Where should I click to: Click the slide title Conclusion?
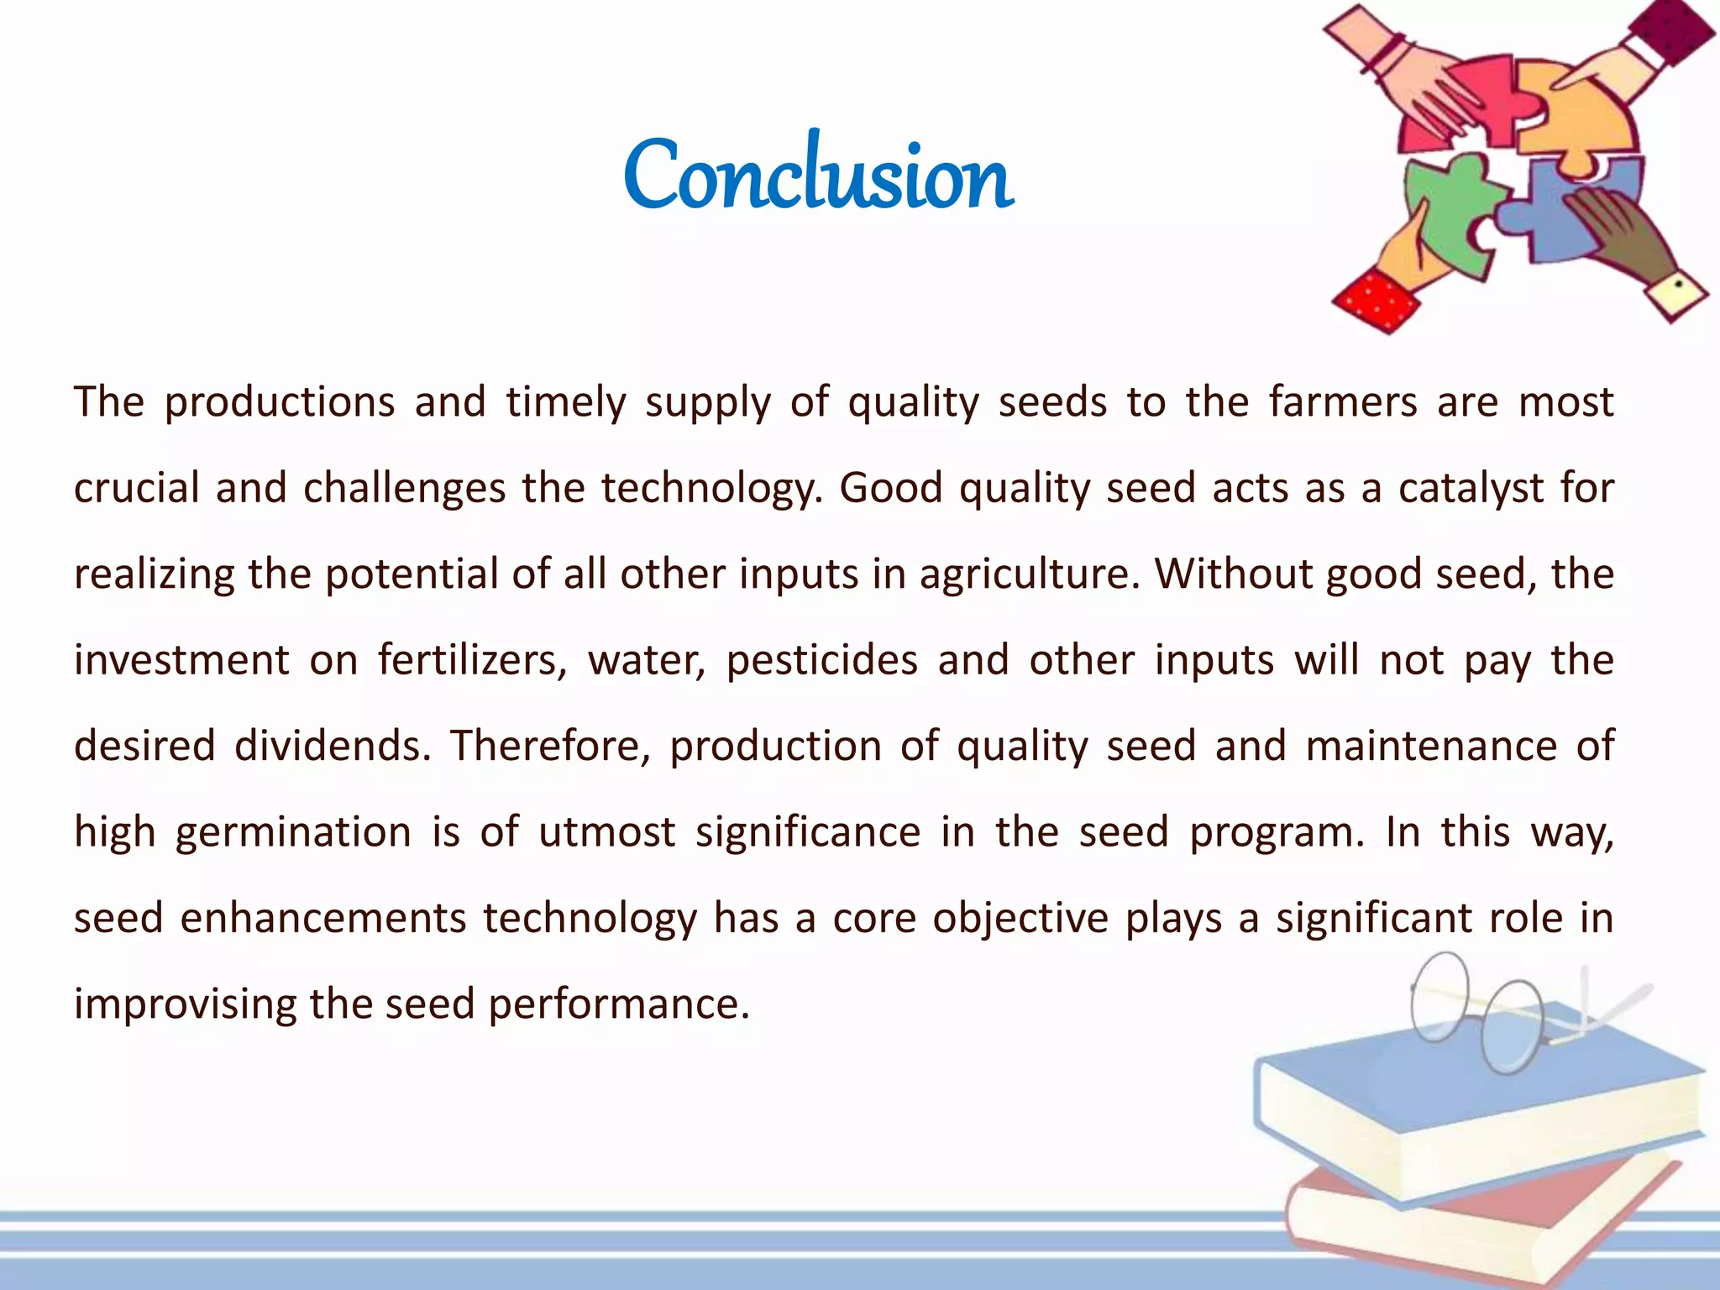tap(818, 175)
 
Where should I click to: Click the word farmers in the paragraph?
tap(1343, 401)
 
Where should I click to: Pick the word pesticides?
tap(822, 660)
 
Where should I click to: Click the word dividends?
tap(333, 746)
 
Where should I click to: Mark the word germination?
tap(293, 832)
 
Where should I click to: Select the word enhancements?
tap(323, 918)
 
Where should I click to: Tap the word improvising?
tap(182, 1004)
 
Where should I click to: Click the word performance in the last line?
tap(618, 1004)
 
